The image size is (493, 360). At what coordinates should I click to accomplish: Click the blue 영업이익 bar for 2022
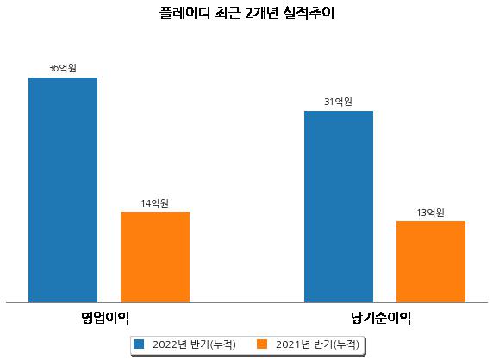pos(63,190)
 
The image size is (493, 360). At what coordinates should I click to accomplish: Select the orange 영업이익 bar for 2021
pos(155,258)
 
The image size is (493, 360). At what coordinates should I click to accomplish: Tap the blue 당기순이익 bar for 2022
pos(339,207)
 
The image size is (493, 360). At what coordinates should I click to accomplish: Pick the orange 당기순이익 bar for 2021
pos(431,262)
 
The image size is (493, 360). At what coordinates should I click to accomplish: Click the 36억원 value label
pos(63,68)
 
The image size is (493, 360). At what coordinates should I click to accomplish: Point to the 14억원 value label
pos(154,203)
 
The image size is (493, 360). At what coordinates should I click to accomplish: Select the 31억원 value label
pos(339,102)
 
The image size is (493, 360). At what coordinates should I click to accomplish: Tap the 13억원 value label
pos(430,213)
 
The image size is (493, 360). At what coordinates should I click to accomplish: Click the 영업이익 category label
pos(105,318)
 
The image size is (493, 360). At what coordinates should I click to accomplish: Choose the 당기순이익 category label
pos(381,318)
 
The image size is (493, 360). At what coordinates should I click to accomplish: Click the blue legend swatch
pos(139,344)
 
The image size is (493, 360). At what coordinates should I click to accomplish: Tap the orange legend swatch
pos(262,344)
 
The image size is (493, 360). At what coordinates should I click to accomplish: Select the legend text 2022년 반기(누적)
pos(194,344)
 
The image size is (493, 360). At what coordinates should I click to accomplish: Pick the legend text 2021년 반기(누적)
pos(317,344)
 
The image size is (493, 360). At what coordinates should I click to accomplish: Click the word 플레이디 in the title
pos(184,13)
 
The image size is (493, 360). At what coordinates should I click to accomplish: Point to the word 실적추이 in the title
pos(309,13)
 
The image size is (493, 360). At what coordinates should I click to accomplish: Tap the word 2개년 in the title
pos(262,13)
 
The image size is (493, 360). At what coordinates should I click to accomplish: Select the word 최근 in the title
pos(228,13)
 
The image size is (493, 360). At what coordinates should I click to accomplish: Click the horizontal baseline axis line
pos(246,303)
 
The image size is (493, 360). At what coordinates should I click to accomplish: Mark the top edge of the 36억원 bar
pos(63,78)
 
